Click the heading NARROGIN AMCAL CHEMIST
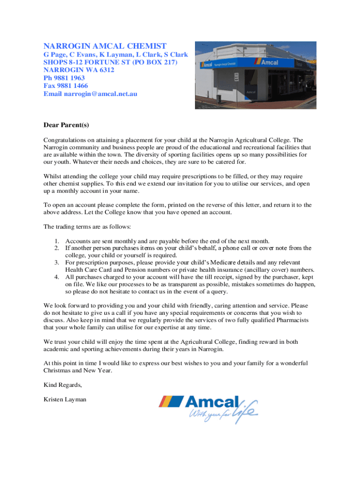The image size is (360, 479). coord(105,46)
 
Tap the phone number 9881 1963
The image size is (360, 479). coord(70,78)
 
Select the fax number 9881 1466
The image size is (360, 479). coord(72,86)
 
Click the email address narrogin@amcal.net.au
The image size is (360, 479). coord(101,94)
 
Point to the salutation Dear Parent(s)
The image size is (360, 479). coord(66,125)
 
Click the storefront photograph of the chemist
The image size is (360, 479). coord(255,75)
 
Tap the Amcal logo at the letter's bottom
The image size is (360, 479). coord(209,408)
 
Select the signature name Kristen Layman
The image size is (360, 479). coord(65,399)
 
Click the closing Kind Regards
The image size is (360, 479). coord(63,385)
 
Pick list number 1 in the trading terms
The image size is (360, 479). coord(56,241)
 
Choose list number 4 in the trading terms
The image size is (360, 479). coord(56,277)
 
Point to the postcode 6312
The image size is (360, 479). coord(106,70)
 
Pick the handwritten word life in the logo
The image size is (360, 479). coord(246,412)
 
